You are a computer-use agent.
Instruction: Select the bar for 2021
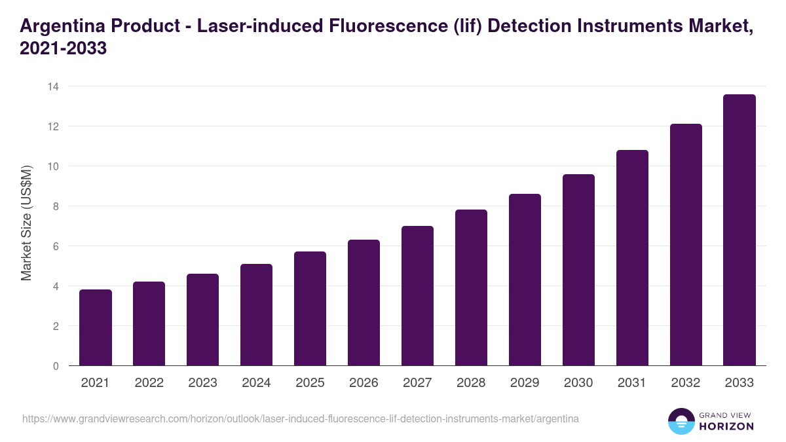(x=96, y=327)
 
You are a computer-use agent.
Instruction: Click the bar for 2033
(x=739, y=230)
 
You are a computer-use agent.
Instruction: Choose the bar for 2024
(x=256, y=315)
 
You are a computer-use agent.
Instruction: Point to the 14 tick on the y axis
(x=53, y=86)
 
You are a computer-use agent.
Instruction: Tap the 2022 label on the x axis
(x=149, y=383)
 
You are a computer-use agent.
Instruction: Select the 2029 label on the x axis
(x=525, y=383)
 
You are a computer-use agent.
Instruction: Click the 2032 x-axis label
(x=686, y=383)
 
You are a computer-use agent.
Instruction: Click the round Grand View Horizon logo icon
(x=681, y=422)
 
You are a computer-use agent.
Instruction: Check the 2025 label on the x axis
(x=310, y=383)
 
